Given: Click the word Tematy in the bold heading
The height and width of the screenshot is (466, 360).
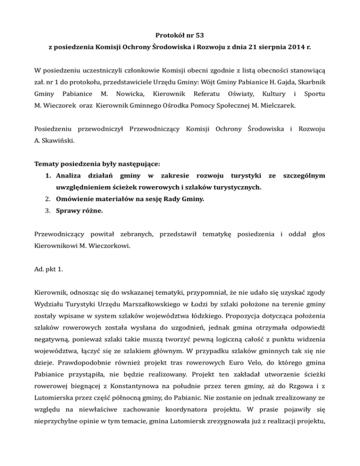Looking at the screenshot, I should coord(49,165).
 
